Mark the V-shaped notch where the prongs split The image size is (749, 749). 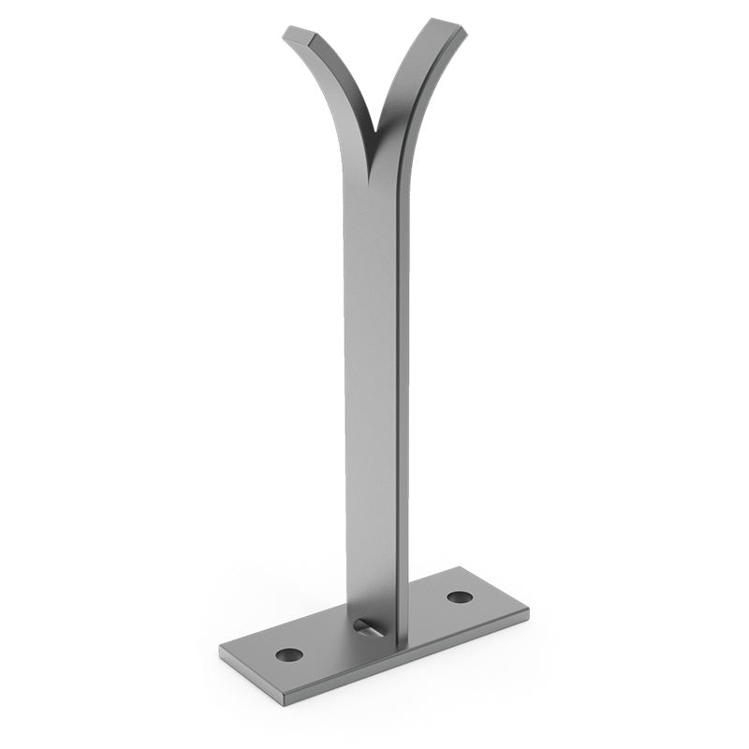[x=378, y=131]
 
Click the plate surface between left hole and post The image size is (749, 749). [x=328, y=646]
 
